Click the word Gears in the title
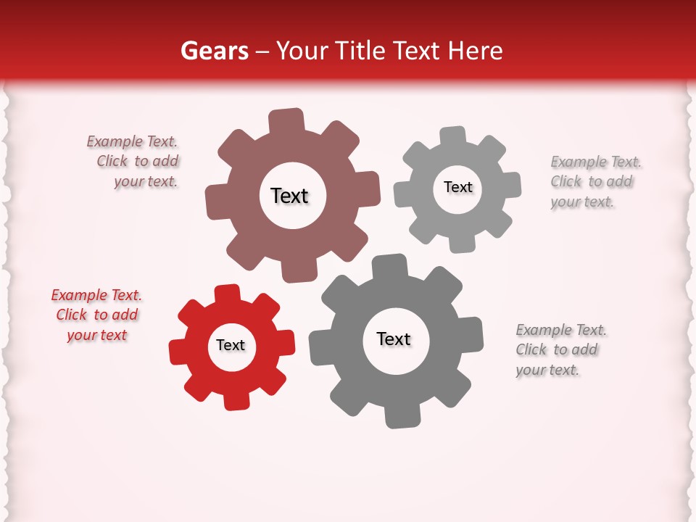coord(215,51)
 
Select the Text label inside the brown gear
coord(289,196)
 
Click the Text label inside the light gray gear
coord(457,187)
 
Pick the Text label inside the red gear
coord(231,345)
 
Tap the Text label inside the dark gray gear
coord(394,339)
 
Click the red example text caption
coord(96,315)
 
